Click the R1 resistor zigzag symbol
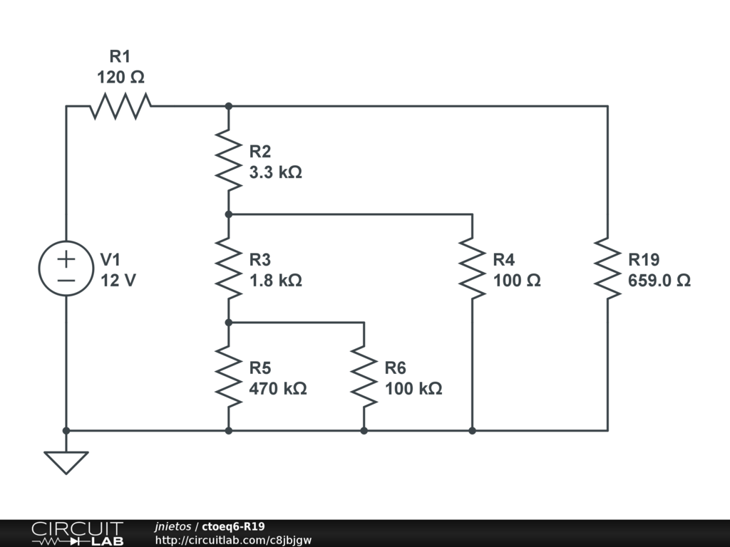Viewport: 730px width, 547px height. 120,106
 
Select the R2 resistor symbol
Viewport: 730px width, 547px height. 229,160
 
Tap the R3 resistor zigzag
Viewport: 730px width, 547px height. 229,269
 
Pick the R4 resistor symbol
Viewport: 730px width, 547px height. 473,269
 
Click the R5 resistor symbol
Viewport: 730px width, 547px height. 229,376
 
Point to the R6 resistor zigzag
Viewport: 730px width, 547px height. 364,376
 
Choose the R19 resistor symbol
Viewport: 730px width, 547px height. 607,269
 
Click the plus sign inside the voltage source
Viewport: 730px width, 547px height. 66,259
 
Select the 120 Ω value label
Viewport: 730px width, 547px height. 120,77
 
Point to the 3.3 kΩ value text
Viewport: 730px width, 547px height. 276,172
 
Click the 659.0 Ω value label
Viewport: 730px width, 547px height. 659,281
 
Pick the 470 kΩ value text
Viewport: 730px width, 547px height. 278,389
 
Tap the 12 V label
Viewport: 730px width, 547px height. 118,281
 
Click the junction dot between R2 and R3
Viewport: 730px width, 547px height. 229,214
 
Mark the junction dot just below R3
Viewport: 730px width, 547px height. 229,323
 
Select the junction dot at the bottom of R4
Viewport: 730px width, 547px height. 473,431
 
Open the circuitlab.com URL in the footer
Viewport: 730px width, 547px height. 233,540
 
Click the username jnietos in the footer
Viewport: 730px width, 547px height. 173,526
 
